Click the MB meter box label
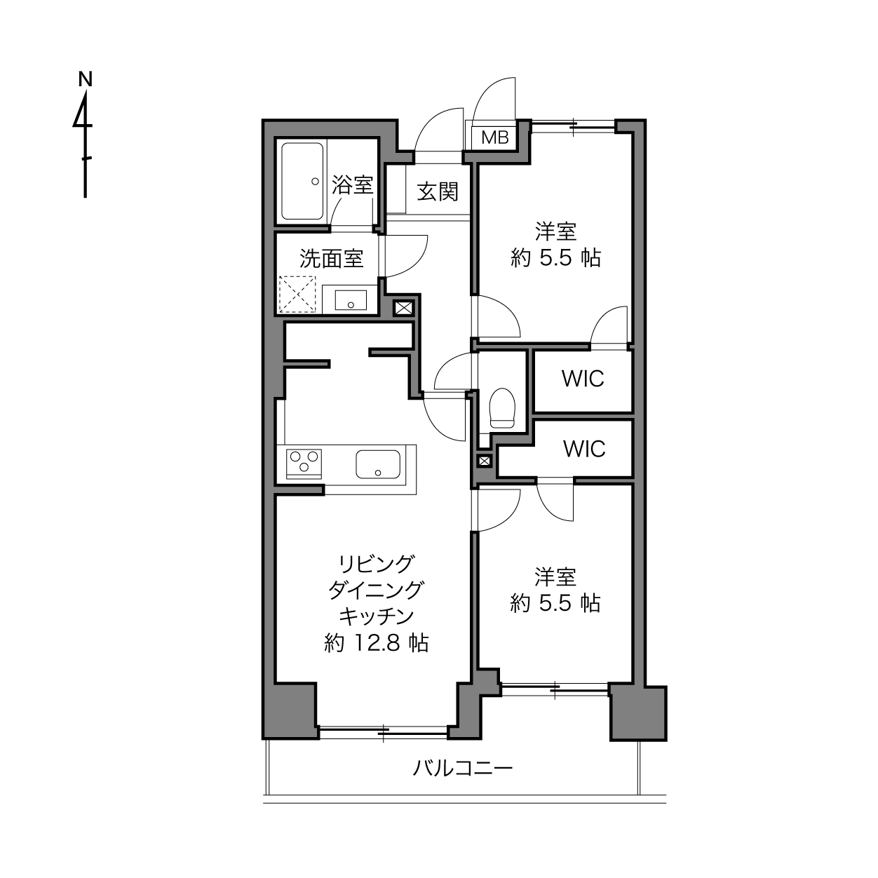(x=495, y=137)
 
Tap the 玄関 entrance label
(x=438, y=191)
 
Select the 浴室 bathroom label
(x=353, y=184)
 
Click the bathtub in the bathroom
(x=302, y=181)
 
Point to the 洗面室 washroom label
(x=331, y=259)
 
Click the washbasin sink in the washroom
(x=351, y=300)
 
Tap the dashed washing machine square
(x=297, y=295)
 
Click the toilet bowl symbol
(x=501, y=408)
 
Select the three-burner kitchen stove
(x=304, y=464)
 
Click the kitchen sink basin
(x=378, y=464)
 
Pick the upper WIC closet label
(x=583, y=378)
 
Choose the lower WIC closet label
(x=584, y=449)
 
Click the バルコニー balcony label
(x=463, y=769)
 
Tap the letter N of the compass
(x=85, y=79)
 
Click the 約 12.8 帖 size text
(x=377, y=643)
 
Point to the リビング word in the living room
(x=377, y=564)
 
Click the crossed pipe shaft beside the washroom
(x=403, y=309)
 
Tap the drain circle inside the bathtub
(x=315, y=182)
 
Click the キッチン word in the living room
(x=377, y=616)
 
